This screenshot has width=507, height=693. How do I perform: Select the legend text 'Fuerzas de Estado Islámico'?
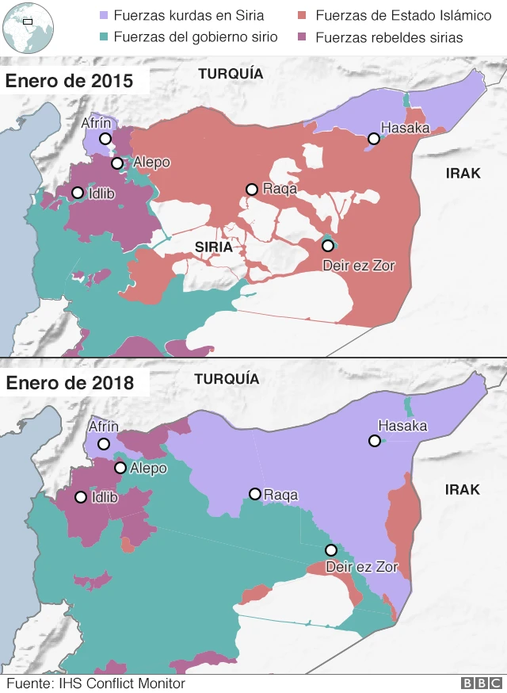pos(402,15)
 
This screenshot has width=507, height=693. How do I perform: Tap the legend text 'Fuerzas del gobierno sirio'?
pos(195,36)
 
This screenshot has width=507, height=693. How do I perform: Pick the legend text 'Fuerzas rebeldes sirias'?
pos(389,36)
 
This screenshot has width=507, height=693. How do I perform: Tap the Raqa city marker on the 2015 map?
pos(251,190)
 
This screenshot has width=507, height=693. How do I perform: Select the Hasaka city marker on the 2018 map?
pos(373,441)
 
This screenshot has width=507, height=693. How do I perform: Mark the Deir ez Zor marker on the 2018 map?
pos(331,550)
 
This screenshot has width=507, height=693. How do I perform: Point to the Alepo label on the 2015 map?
pos(151,163)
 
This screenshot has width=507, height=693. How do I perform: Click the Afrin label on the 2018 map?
pos(103,427)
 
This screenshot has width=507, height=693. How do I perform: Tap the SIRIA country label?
pos(213,247)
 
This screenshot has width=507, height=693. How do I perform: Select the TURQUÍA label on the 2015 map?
pos(230,74)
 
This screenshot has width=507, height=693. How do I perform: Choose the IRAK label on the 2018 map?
pos(463,489)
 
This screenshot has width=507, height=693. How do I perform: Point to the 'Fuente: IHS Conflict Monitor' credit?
pos(95,683)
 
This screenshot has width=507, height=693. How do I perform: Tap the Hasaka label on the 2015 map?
pos(405,128)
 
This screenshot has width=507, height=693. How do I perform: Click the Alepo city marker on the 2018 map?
pos(120,468)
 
